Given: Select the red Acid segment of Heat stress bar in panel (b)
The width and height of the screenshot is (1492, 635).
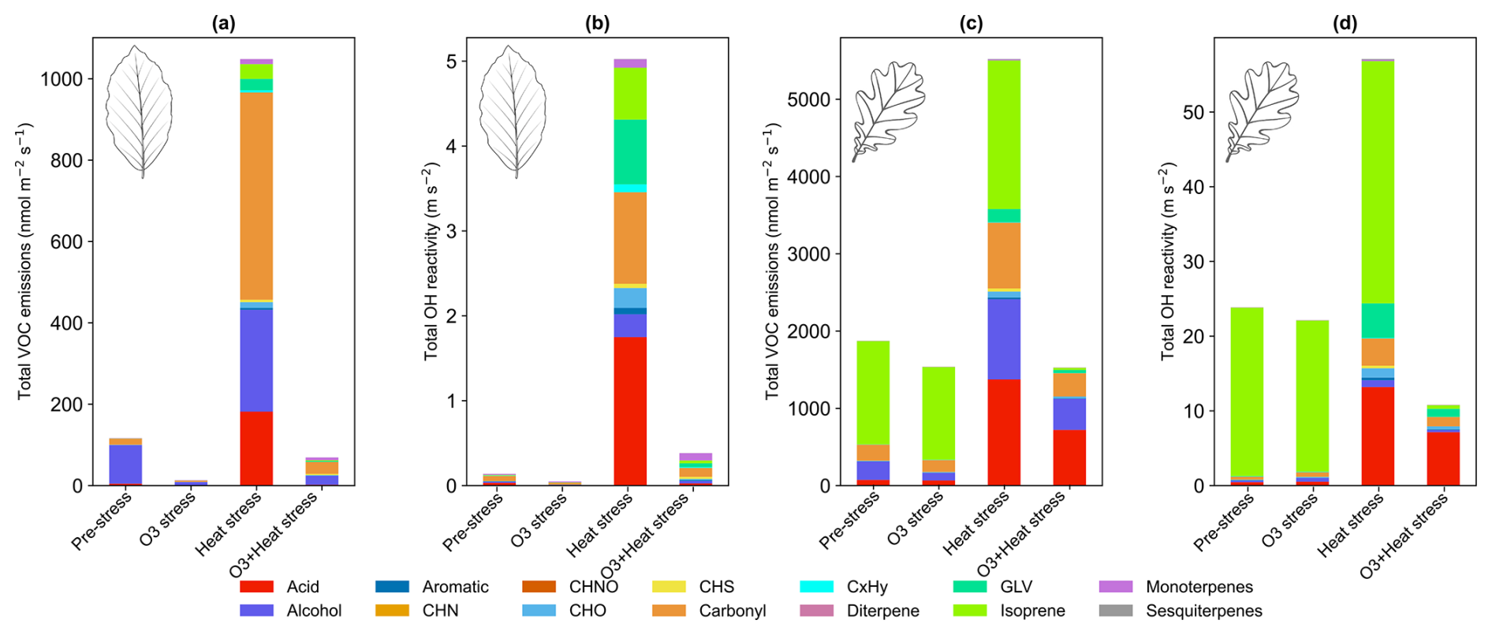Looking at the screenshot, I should [630, 411].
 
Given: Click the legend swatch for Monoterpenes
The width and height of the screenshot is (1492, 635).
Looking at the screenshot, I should [1115, 587].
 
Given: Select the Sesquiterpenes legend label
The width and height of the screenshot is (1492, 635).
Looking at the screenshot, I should [1203, 611].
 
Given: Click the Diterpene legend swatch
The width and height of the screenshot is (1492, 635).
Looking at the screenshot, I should [816, 611].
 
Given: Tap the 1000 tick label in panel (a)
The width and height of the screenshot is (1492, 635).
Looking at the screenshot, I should [62, 79].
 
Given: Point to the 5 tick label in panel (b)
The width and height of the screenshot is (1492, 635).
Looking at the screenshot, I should [451, 62].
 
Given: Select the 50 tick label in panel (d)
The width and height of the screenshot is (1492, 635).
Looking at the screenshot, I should [1193, 113].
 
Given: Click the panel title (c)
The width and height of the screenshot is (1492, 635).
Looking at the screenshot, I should [971, 24].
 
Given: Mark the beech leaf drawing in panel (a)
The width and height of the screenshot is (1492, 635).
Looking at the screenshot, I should [139, 110].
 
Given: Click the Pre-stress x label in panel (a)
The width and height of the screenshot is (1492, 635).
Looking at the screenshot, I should [102, 521].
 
